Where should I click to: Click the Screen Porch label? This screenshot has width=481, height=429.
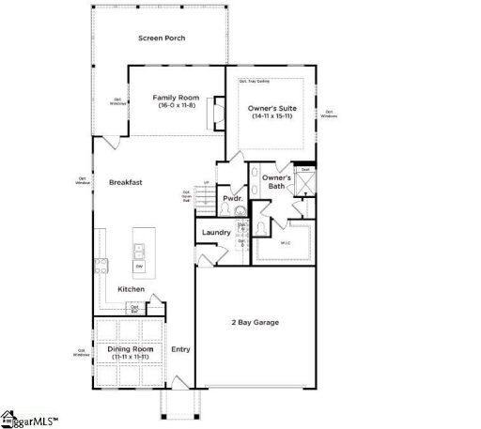pyautogui.click(x=162, y=38)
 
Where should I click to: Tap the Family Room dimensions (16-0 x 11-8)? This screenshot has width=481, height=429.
pyautogui.click(x=177, y=104)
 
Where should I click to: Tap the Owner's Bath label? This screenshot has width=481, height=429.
pyautogui.click(x=275, y=181)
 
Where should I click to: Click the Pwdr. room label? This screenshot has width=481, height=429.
pyautogui.click(x=232, y=199)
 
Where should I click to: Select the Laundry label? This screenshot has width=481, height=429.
pyautogui.click(x=217, y=232)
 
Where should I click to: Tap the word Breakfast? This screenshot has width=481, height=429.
pyautogui.click(x=125, y=182)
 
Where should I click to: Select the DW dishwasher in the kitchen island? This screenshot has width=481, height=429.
pyautogui.click(x=139, y=268)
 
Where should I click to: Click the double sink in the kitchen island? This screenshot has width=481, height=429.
pyautogui.click(x=139, y=250)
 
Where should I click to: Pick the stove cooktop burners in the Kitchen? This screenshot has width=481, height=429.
pyautogui.click(x=99, y=263)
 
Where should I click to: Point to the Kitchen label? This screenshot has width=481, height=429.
pyautogui.click(x=131, y=289)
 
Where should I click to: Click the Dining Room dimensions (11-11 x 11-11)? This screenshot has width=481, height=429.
pyautogui.click(x=131, y=358)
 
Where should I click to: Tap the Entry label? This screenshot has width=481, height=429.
pyautogui.click(x=180, y=349)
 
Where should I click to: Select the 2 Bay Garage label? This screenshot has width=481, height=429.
pyautogui.click(x=256, y=323)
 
